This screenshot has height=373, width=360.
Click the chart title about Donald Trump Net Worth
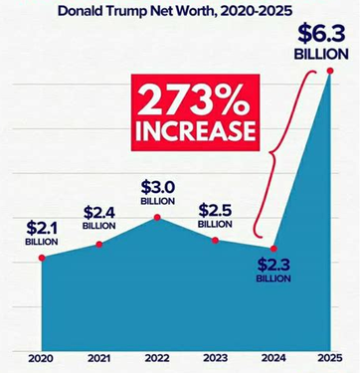tap(175, 11)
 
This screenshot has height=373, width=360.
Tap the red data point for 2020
tap(42, 258)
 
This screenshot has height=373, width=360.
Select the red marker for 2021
tap(99, 245)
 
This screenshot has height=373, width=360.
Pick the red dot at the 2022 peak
tap(157, 218)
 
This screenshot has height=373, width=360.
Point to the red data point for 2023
tap(215, 240)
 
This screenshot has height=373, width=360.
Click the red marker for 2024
tap(273, 249)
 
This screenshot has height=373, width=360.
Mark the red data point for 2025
tap(330, 71)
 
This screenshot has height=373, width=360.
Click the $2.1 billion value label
tap(42, 233)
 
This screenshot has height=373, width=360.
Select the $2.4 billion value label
tap(99, 218)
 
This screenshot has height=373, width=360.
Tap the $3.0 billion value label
tap(158, 193)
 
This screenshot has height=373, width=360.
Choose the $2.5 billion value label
tap(215, 216)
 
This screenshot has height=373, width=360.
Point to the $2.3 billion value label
tap(273, 270)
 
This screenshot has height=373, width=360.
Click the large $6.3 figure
tap(322, 34)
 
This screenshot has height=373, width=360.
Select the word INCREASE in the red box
tap(195, 131)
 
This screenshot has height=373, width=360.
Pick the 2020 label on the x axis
tap(42, 358)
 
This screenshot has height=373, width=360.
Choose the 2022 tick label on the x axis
tap(157, 358)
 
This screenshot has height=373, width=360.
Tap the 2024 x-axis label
tap(273, 358)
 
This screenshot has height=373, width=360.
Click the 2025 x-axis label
tap(330, 358)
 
